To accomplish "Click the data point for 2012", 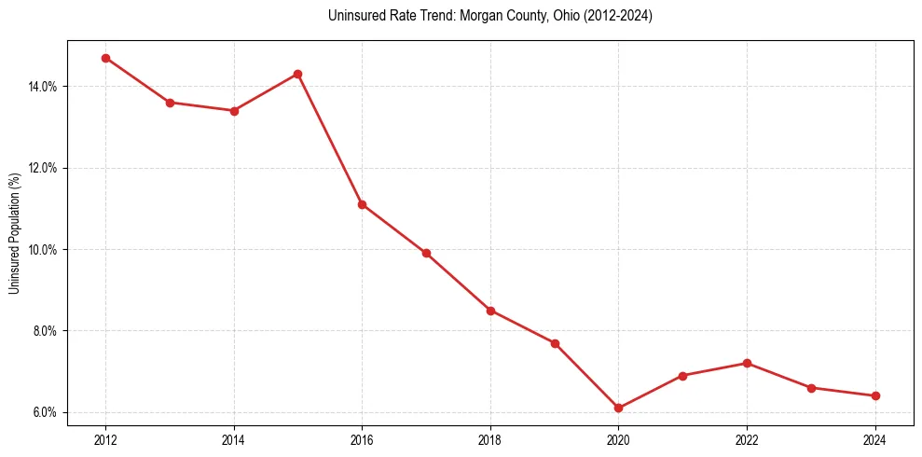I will click(x=105, y=58).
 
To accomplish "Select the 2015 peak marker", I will click(x=297, y=74).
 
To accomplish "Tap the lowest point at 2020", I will click(x=618, y=408).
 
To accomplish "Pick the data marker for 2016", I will click(x=362, y=204).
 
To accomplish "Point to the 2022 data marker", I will click(x=747, y=363).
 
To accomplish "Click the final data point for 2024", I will click(x=875, y=395).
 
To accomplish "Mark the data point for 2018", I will click(x=490, y=311).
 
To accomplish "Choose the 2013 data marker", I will click(x=170, y=103).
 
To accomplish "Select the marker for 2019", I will click(x=555, y=343).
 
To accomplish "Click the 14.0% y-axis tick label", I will click(x=44, y=87).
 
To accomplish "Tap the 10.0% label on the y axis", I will click(x=44, y=250).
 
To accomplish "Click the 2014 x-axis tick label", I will click(x=233, y=440).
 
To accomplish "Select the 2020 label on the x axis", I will click(x=618, y=440).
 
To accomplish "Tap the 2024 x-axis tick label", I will click(x=875, y=440).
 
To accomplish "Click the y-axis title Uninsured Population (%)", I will click(x=14, y=232).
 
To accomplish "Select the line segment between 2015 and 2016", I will click(x=329, y=139).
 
